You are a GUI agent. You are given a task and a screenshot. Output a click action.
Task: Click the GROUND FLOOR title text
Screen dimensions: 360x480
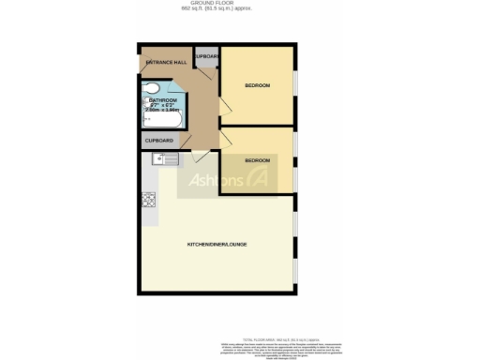(x=239, y=4)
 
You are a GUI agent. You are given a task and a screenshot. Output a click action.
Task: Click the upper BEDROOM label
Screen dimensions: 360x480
(x=257, y=85)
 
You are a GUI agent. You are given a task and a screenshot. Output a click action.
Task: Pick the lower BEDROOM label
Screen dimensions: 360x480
(x=257, y=160)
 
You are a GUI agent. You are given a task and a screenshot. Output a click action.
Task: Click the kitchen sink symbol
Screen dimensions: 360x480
(x=158, y=160)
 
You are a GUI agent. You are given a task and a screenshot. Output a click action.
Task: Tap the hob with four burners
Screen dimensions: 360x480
(x=148, y=199)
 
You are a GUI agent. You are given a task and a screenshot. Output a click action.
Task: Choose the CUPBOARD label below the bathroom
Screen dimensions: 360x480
(x=158, y=141)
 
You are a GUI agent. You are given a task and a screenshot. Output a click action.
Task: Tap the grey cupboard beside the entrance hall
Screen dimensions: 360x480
(x=207, y=58)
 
